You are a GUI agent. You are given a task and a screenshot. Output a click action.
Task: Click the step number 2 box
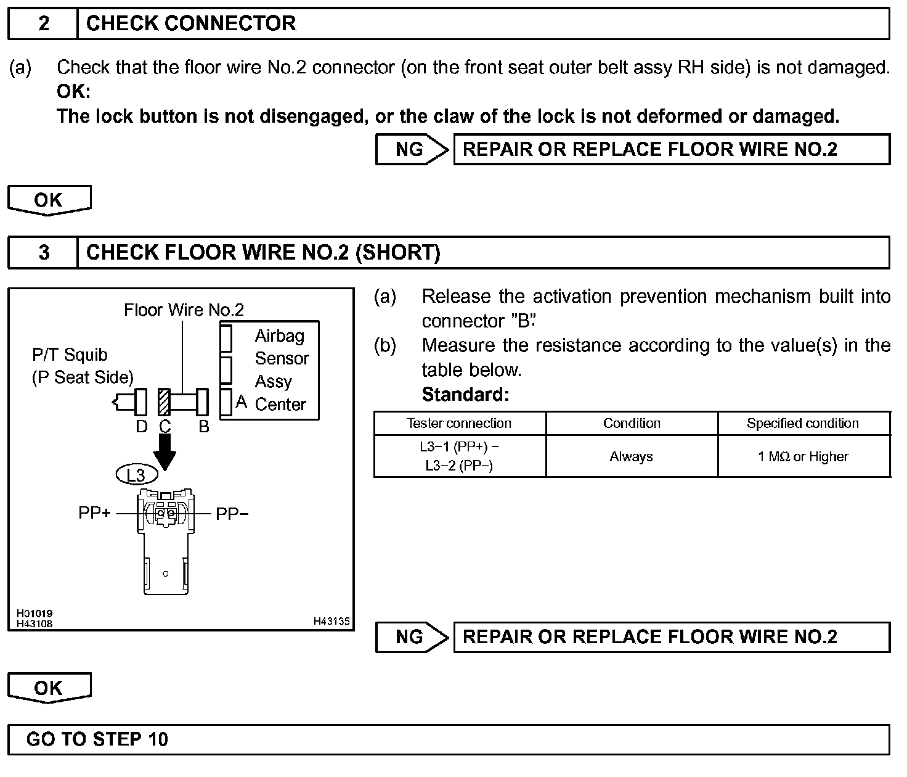(x=43, y=24)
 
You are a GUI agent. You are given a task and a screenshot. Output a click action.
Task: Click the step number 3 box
(x=43, y=253)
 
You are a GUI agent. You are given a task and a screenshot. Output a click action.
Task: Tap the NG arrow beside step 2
(x=412, y=150)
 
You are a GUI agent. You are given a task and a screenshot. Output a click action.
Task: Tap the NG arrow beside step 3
(x=412, y=637)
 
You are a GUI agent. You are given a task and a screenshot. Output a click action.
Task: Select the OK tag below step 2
(x=49, y=200)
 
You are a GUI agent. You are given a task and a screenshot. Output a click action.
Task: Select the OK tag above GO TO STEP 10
(x=49, y=688)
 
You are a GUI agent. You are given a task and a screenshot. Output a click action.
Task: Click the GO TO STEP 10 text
(x=97, y=739)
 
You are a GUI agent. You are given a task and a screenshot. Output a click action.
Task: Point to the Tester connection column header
(x=459, y=424)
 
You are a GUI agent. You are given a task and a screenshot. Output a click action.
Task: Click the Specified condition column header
(x=802, y=424)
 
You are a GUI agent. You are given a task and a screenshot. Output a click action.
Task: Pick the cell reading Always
(x=632, y=457)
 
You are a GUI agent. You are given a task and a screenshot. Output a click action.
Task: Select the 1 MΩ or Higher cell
(x=802, y=457)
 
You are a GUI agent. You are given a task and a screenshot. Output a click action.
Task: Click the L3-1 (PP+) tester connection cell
(x=459, y=456)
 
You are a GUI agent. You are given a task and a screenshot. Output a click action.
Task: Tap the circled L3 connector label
(x=136, y=475)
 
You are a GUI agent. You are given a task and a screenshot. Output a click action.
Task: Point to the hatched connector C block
(x=164, y=402)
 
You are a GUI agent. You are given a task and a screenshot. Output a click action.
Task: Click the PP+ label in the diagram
(x=94, y=513)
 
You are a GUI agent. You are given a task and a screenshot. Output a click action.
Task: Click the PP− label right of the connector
(x=232, y=514)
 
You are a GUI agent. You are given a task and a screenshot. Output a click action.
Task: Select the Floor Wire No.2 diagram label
(x=184, y=310)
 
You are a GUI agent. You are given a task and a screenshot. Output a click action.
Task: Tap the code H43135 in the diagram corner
(x=331, y=622)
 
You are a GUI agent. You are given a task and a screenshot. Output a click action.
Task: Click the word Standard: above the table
(x=465, y=395)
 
